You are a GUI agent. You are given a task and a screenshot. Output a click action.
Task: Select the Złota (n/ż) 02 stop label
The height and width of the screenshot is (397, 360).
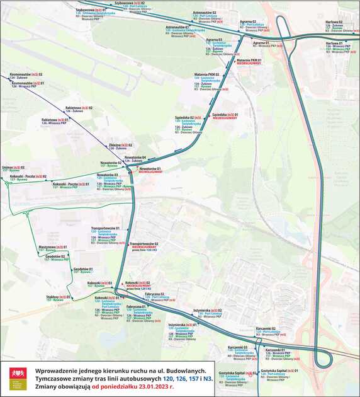coord(120,144)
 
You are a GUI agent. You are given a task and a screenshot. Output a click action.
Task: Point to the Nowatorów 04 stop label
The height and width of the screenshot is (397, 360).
coord(135,157)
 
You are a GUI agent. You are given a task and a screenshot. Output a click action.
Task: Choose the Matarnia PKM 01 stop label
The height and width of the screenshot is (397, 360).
coord(249,60)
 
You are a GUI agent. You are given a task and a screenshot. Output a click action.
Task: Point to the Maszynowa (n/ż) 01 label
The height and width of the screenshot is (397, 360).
coord(52,246)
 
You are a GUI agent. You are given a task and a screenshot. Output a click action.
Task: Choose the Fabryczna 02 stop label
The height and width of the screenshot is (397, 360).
coord(154,294)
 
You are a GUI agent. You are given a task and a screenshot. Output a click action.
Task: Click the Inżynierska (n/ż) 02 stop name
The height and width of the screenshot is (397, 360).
coord(208,310)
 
